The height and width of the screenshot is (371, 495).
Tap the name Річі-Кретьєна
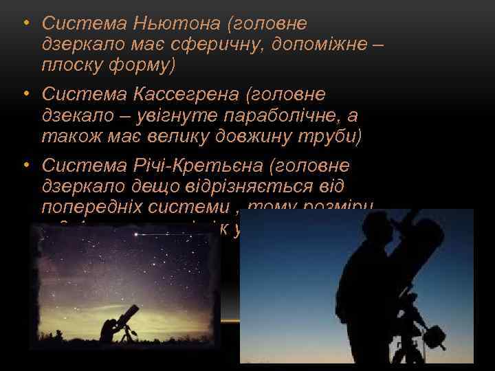pyautogui.click(x=196, y=165)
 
